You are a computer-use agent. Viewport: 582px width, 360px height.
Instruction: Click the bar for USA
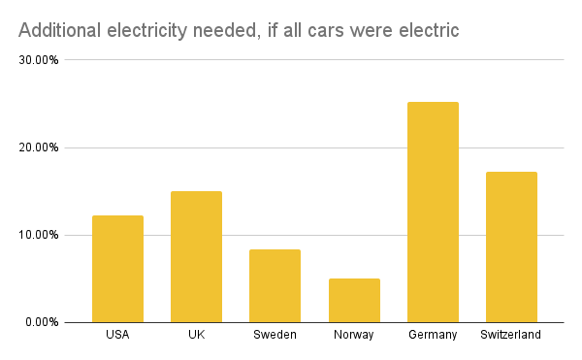click(x=117, y=269)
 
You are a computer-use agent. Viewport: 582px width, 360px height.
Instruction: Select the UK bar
click(x=196, y=256)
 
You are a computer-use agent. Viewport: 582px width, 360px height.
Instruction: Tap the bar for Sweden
click(x=275, y=285)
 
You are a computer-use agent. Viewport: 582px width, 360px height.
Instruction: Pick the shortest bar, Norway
click(x=354, y=300)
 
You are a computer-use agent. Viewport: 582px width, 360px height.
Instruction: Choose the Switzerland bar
click(x=511, y=246)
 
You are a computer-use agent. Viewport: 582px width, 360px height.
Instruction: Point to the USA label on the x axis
click(x=117, y=335)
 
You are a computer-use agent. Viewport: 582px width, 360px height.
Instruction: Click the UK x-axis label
click(x=196, y=335)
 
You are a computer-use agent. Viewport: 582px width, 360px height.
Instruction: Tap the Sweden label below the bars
click(x=275, y=335)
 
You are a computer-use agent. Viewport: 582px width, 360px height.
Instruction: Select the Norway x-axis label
click(x=354, y=335)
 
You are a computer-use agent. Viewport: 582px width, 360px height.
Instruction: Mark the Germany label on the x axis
click(x=433, y=335)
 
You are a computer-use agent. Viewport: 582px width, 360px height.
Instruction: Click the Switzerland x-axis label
click(x=511, y=335)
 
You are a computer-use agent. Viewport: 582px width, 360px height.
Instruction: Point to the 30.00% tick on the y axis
click(x=40, y=60)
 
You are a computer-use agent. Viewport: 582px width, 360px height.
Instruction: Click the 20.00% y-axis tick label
click(x=40, y=147)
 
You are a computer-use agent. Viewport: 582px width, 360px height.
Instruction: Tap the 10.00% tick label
click(x=40, y=235)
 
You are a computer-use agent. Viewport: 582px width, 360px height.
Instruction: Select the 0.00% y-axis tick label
click(x=43, y=322)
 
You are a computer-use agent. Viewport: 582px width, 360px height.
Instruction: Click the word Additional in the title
click(x=59, y=31)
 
